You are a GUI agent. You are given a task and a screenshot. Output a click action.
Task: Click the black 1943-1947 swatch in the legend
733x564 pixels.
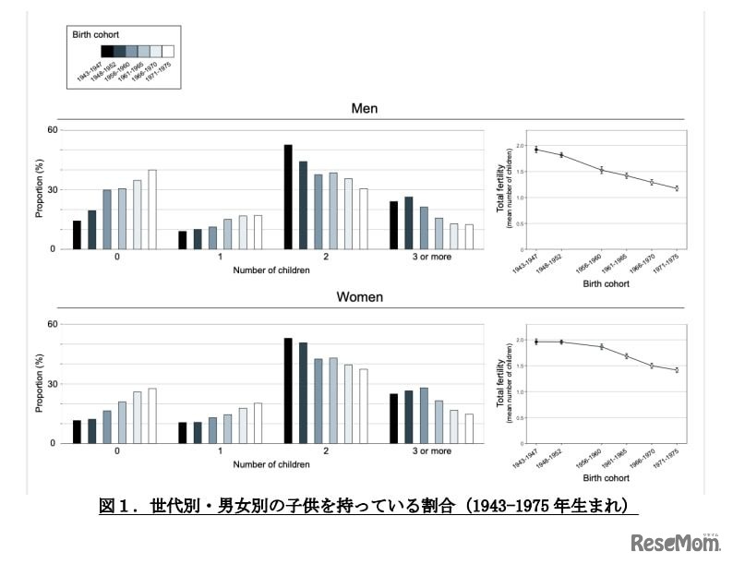(x=107, y=52)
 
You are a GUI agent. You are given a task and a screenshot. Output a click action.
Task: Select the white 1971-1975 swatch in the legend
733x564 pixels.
(x=168, y=52)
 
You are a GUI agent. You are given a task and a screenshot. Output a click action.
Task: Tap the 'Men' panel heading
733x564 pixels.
(x=364, y=109)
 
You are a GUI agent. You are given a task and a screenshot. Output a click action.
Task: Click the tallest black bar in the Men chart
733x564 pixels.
(x=288, y=197)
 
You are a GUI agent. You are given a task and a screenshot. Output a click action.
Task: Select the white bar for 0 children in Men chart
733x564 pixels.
(x=152, y=210)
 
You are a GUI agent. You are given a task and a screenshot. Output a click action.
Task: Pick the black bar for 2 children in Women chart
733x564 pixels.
(x=288, y=390)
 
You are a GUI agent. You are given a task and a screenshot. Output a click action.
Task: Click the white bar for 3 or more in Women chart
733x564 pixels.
(x=468, y=428)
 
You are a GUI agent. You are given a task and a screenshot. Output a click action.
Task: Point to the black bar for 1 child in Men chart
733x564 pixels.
(x=183, y=240)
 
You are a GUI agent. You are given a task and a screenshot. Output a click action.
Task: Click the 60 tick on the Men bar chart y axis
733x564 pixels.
(x=52, y=130)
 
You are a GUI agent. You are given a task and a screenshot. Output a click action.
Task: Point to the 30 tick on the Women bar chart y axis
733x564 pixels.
(x=52, y=383)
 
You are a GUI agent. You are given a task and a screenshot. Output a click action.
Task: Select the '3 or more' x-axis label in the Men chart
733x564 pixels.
(x=431, y=257)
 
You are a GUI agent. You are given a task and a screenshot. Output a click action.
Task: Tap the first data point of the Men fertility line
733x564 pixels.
(x=535, y=150)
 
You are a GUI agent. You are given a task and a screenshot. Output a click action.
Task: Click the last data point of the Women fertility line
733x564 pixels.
(x=676, y=370)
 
